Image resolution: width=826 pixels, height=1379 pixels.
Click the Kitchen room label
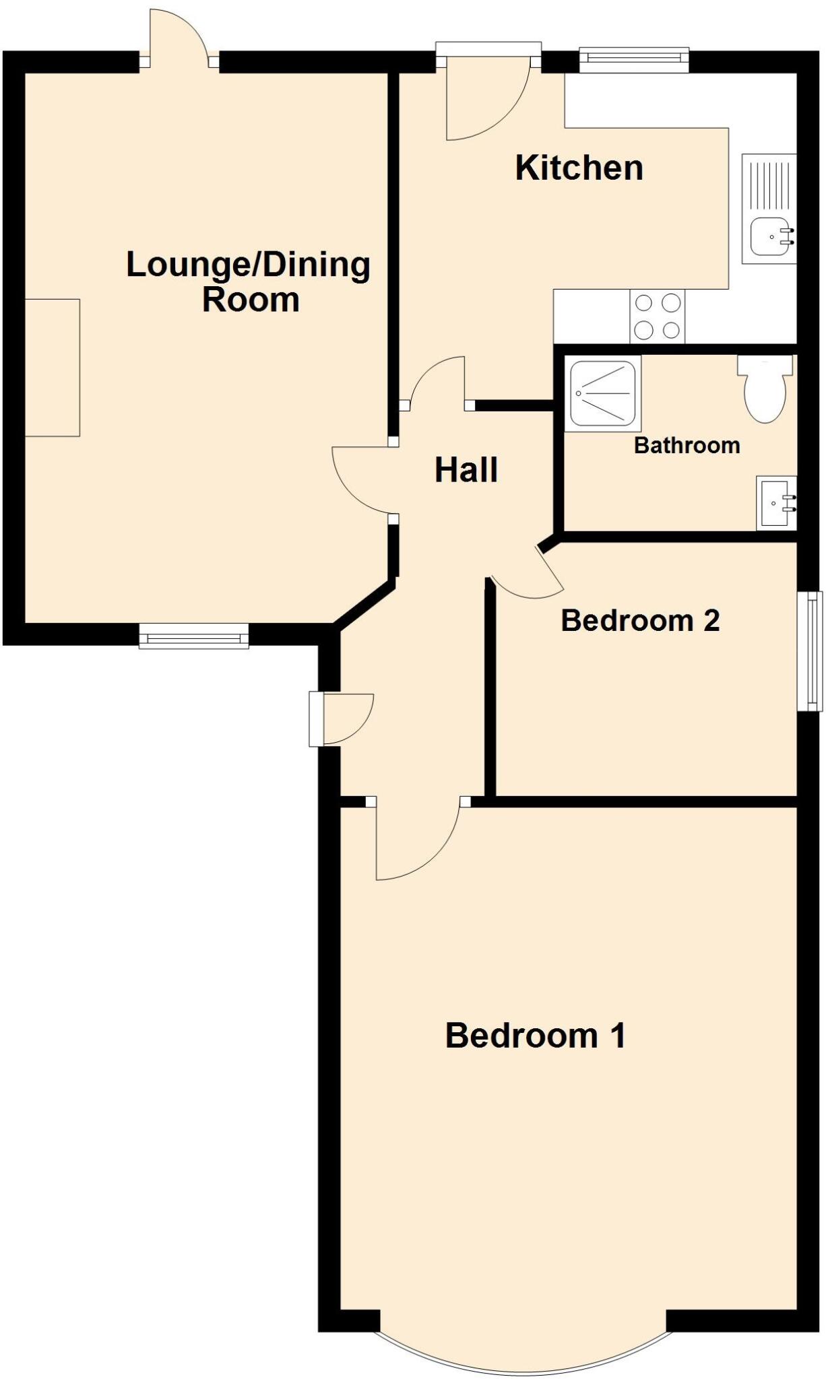[579, 168]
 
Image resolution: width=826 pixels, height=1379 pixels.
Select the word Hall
[466, 470]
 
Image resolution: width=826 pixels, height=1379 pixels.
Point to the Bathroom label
[687, 445]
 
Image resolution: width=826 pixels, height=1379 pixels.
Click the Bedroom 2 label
[640, 620]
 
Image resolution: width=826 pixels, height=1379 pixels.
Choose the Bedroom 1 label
[536, 1036]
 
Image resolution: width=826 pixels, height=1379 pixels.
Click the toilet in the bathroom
[765, 390]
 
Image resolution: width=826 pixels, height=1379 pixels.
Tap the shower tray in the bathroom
[602, 394]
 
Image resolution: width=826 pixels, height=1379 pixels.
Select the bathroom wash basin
[776, 502]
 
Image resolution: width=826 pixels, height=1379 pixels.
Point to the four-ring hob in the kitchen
[657, 316]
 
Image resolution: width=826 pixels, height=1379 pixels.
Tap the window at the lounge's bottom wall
[194, 636]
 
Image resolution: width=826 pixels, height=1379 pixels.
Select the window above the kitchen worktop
[634, 60]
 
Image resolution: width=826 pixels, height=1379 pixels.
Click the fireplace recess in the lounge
[53, 368]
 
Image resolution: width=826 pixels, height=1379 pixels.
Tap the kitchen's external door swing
[486, 101]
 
